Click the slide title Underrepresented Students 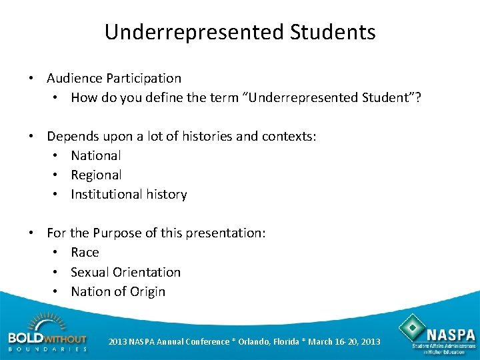pyautogui.click(x=240, y=32)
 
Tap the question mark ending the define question pyautogui.click(x=418, y=98)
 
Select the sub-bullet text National pyautogui.click(x=96, y=156)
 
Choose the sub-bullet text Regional pyautogui.click(x=96, y=175)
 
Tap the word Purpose pyautogui.click(x=117, y=233)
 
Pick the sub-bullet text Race pyautogui.click(x=85, y=253)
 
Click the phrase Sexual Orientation pyautogui.click(x=125, y=272)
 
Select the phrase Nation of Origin pyautogui.click(x=118, y=291)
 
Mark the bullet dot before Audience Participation pyautogui.click(x=31, y=79)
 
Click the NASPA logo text pyautogui.click(x=451, y=333)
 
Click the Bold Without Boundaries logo pyautogui.click(x=47, y=333)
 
